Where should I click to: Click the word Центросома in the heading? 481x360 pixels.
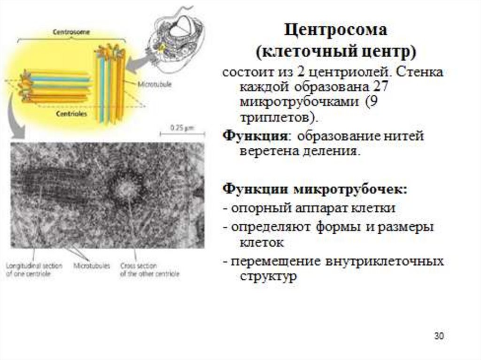(335, 31)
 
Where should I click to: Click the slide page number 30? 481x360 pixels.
(439, 336)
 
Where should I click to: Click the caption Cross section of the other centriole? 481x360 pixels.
(149, 269)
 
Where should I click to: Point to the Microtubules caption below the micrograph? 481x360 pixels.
(91, 266)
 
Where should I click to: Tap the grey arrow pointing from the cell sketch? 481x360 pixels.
(137, 63)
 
